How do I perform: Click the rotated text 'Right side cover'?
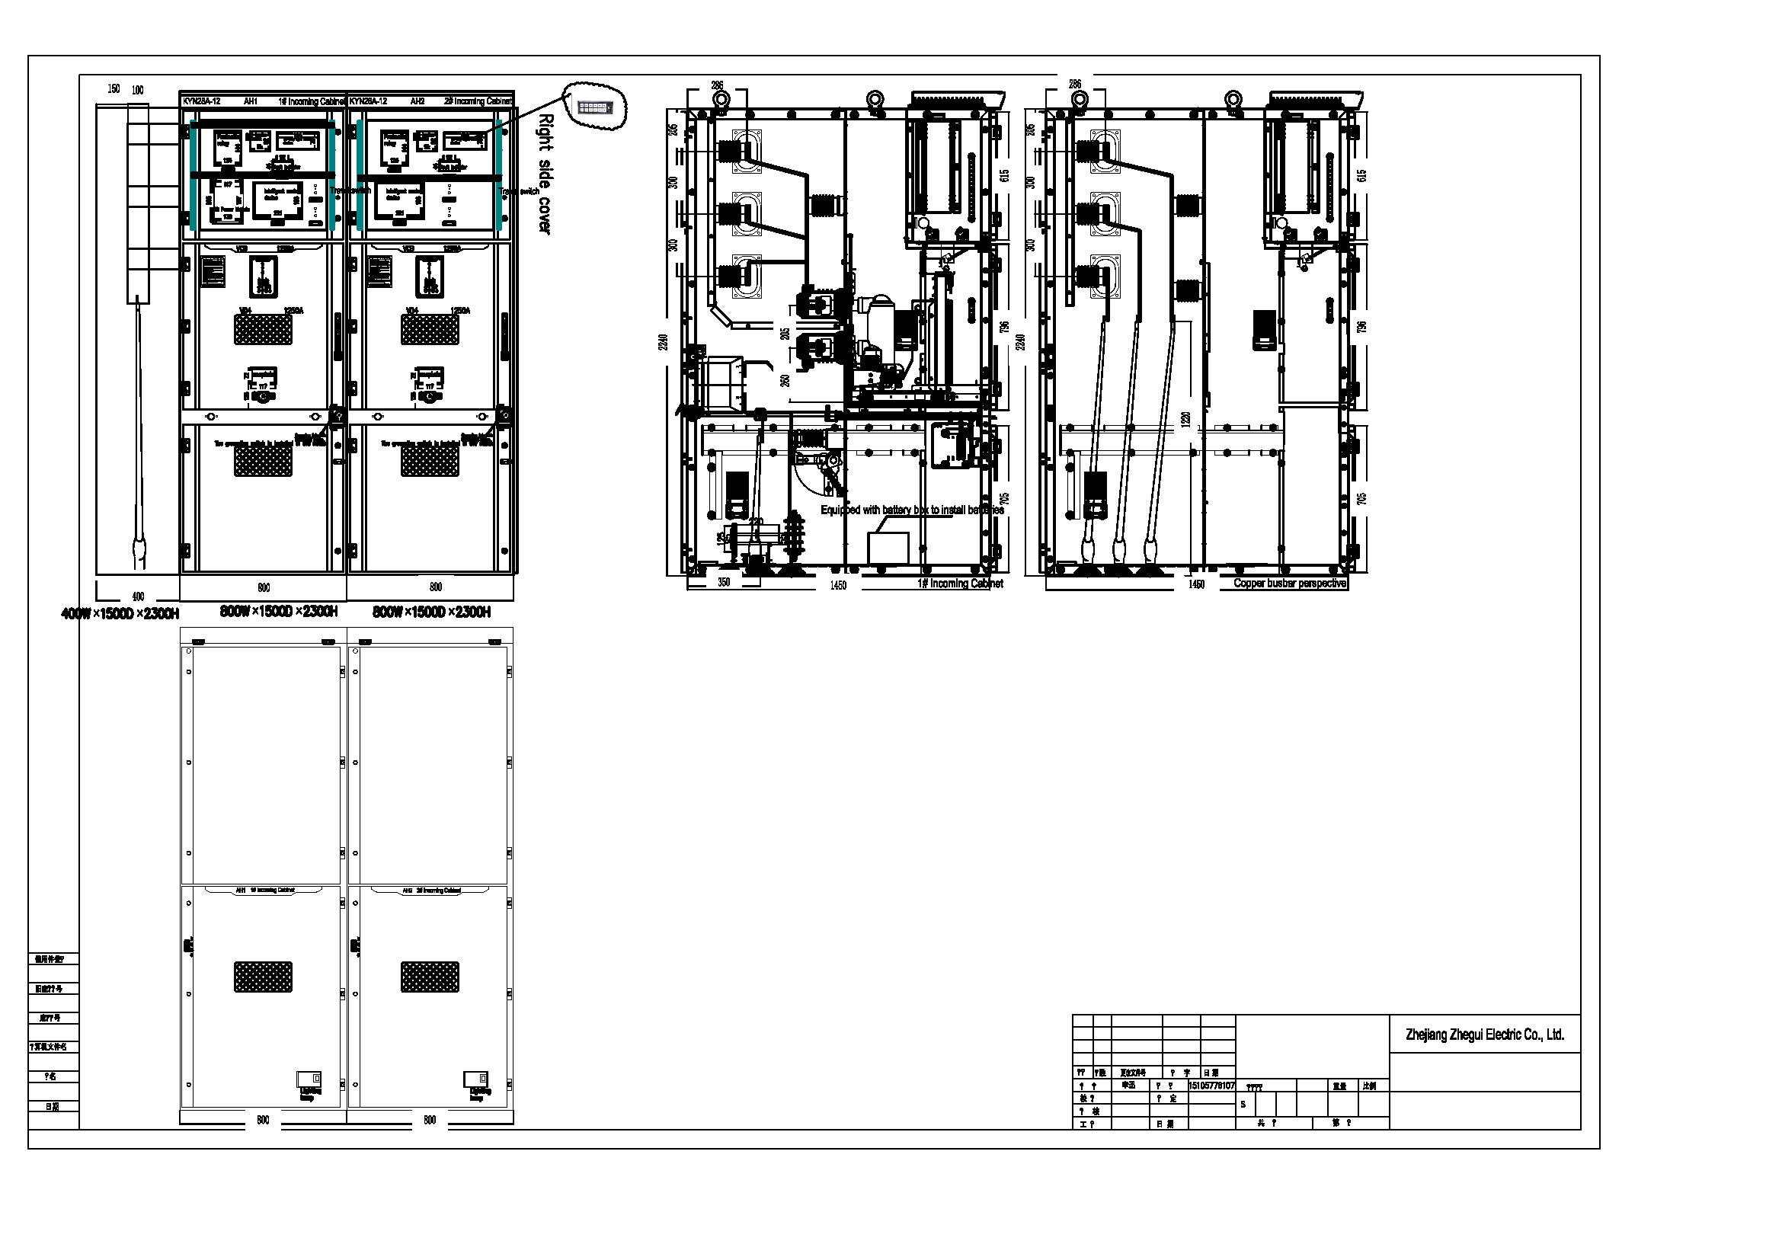click(x=545, y=174)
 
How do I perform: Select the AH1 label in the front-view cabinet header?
click(x=251, y=101)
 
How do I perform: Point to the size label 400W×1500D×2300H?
click(x=120, y=615)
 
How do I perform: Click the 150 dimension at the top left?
click(x=114, y=88)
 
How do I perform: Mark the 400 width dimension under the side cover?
click(x=138, y=596)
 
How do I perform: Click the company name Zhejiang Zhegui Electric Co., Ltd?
click(x=1484, y=1035)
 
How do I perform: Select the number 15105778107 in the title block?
click(x=1211, y=1086)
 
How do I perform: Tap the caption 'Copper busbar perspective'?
click(x=1290, y=583)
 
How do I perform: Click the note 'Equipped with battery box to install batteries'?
click(x=912, y=510)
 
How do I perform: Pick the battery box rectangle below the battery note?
click(x=888, y=548)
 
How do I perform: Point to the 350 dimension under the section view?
click(x=723, y=582)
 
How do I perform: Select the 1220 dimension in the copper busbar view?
click(x=1185, y=419)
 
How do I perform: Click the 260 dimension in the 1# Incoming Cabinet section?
click(x=785, y=380)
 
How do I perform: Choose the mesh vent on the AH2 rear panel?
click(x=430, y=977)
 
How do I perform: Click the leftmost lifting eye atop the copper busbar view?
click(x=1079, y=99)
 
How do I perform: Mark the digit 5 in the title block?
click(x=1243, y=1104)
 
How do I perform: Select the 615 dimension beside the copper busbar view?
click(x=1361, y=176)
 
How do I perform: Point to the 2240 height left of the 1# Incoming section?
click(x=662, y=341)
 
